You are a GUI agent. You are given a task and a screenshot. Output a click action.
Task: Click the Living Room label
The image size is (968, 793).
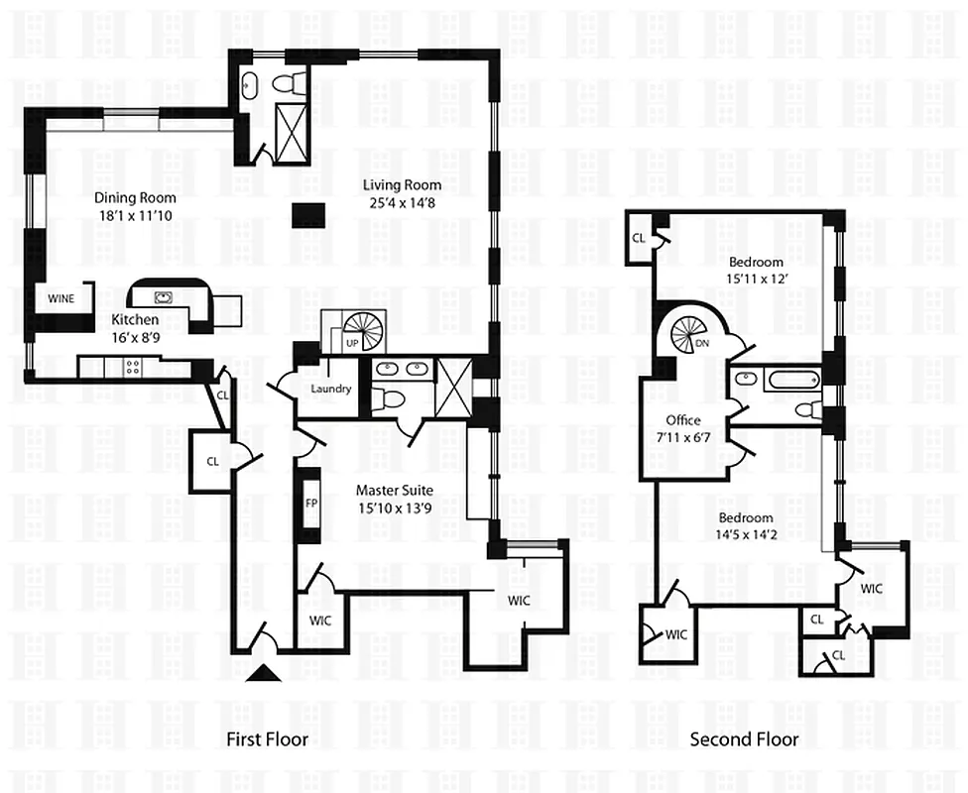tap(402, 184)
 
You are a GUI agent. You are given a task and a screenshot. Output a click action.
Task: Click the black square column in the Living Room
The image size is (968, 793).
tap(309, 214)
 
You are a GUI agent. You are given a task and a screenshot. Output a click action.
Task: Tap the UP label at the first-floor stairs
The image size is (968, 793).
tap(351, 342)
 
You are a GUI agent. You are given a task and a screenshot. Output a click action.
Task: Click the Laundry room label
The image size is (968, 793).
tap(330, 389)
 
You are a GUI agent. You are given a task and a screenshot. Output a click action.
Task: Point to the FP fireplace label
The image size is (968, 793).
tap(308, 501)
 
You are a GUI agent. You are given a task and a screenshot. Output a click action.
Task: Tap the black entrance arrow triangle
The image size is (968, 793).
tap(263, 674)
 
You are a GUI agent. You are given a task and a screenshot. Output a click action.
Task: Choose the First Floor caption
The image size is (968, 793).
tap(267, 739)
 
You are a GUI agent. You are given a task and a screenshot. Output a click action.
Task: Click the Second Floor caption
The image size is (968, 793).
tap(744, 739)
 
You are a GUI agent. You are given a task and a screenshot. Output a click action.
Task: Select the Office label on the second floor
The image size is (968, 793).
tap(683, 420)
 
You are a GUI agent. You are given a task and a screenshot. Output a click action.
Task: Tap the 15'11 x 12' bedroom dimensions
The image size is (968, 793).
tap(756, 279)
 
